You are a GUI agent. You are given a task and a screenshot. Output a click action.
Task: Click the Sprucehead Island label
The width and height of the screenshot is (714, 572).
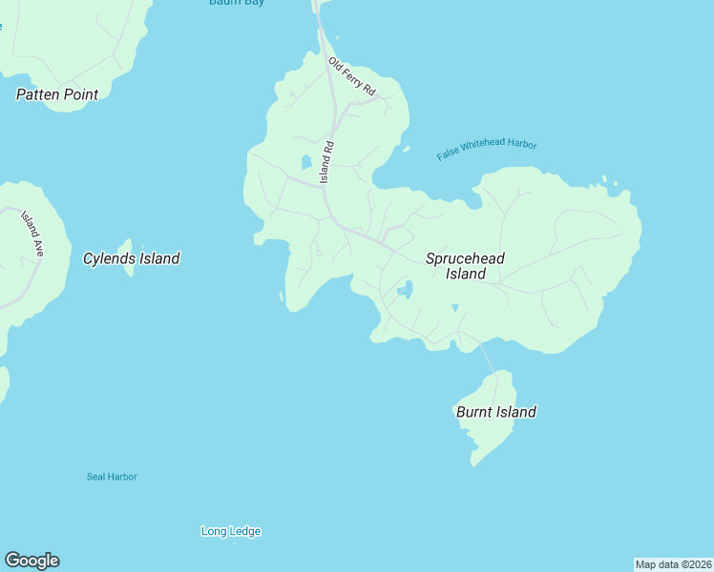pos(465,266)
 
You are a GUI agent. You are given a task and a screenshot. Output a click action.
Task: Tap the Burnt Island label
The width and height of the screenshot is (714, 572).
pos(495,412)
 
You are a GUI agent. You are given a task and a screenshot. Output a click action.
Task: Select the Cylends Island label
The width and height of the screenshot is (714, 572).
pos(131,258)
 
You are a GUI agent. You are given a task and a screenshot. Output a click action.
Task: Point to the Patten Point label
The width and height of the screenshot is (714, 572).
pos(57,94)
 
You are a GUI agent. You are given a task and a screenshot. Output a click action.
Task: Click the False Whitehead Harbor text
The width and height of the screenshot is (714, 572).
pos(487,150)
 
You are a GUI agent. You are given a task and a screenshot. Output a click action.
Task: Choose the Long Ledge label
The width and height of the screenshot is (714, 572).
pos(231,531)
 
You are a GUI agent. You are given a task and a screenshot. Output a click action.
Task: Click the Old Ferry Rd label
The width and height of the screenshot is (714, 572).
pos(352,76)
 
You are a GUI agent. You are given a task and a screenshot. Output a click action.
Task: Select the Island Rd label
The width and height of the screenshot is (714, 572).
pos(326,162)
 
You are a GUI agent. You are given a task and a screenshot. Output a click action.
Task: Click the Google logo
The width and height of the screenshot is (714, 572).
pos(31,561)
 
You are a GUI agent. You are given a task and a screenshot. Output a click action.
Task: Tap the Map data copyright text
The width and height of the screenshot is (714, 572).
pos(673,564)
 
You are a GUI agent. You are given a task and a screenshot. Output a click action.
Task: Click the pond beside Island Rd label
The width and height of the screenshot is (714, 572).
pos(306,162)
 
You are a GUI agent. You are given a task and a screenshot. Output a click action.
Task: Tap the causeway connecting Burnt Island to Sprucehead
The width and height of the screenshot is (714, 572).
pos(487,359)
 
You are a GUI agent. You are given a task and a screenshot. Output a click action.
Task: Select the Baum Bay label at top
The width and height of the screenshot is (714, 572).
pos(237,3)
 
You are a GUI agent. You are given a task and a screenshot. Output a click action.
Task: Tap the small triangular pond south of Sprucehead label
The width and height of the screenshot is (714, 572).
pos(454,308)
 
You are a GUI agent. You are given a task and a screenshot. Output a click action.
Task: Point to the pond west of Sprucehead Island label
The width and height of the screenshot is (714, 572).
pos(406,289)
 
